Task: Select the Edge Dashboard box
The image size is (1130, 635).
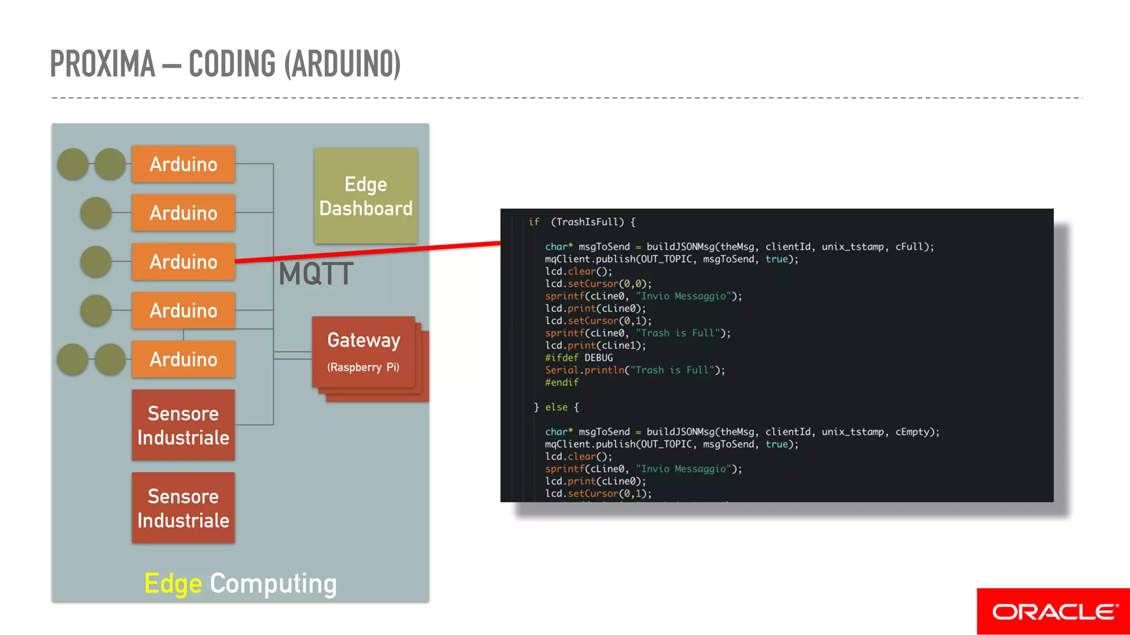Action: coord(366,196)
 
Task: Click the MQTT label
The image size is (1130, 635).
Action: coord(316,274)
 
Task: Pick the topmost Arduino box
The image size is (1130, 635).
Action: coord(183,164)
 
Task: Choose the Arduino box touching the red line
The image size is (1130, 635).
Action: coord(183,262)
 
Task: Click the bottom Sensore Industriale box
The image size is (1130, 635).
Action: coord(183,508)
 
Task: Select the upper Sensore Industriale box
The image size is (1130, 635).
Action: coord(183,425)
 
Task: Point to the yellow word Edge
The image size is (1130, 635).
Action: coord(173,584)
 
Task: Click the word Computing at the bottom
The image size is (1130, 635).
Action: coord(273,584)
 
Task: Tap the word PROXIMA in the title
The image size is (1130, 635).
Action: coord(103,64)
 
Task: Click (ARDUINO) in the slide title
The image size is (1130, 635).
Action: coord(342,64)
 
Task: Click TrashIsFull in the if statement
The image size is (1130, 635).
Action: coord(587,222)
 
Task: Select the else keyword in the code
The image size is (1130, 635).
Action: coord(556,407)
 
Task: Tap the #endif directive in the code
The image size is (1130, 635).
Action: coord(562,383)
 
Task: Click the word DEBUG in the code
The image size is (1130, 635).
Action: coord(598,358)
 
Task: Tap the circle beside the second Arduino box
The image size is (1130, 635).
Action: coord(96,213)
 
